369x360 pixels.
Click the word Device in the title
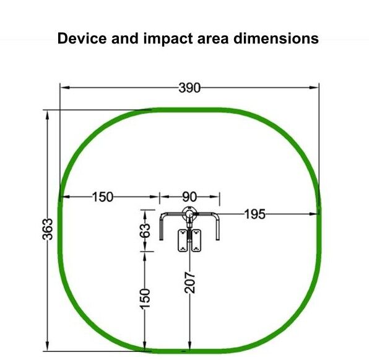[x=82, y=38]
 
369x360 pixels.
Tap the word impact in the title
[x=168, y=38]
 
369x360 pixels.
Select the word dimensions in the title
[x=276, y=38]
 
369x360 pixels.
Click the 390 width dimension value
[x=189, y=88]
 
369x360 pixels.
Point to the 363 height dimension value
[x=48, y=229]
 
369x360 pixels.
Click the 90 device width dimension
[x=189, y=197]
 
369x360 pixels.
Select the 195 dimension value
[x=255, y=214]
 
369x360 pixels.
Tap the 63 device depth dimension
[x=145, y=230]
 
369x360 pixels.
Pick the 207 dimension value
[x=189, y=283]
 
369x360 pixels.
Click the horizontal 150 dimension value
[x=103, y=197]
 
